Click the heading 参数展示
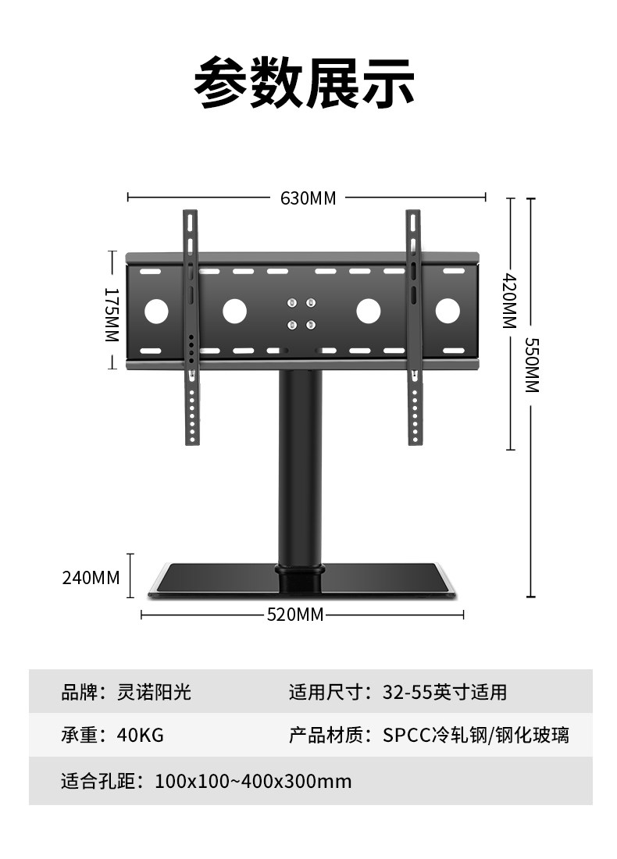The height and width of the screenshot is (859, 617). [304, 82]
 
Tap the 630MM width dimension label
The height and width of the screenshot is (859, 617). [308, 198]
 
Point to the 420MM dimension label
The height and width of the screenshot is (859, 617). [510, 301]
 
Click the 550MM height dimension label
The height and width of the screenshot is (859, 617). [532, 365]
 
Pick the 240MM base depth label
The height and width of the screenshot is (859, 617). [91, 578]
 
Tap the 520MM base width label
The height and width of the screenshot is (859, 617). [294, 615]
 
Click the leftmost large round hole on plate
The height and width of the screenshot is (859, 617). [156, 312]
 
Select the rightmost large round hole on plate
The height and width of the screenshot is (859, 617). [448, 312]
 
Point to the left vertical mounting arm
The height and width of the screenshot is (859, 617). [191, 328]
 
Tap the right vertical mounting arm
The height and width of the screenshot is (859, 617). [414, 328]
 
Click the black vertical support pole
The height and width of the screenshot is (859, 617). [301, 469]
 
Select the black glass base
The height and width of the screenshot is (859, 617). [301, 582]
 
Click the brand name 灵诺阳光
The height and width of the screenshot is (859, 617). [154, 692]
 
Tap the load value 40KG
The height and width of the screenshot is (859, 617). [141, 735]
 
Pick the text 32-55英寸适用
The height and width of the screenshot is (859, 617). [444, 692]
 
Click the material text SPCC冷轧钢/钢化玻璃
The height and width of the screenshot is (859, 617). [476, 735]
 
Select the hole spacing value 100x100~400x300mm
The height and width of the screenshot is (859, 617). [253, 781]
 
